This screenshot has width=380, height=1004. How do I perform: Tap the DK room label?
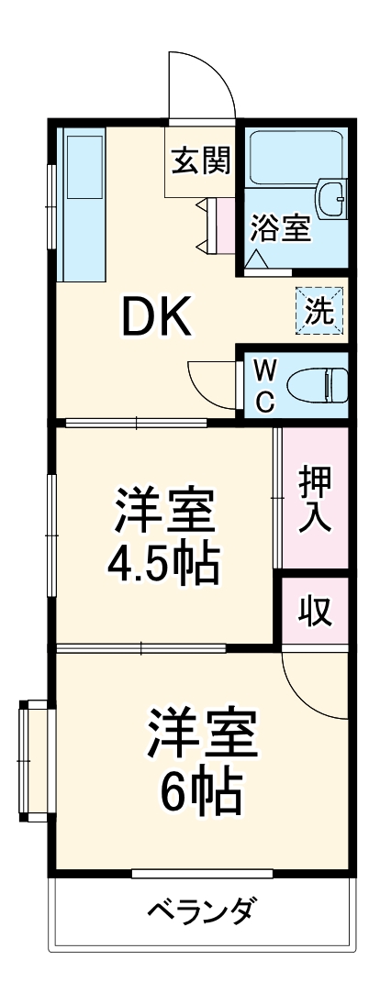click(157, 318)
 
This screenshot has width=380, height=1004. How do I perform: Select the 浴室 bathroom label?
click(281, 227)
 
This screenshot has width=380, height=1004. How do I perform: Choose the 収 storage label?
click(315, 612)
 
